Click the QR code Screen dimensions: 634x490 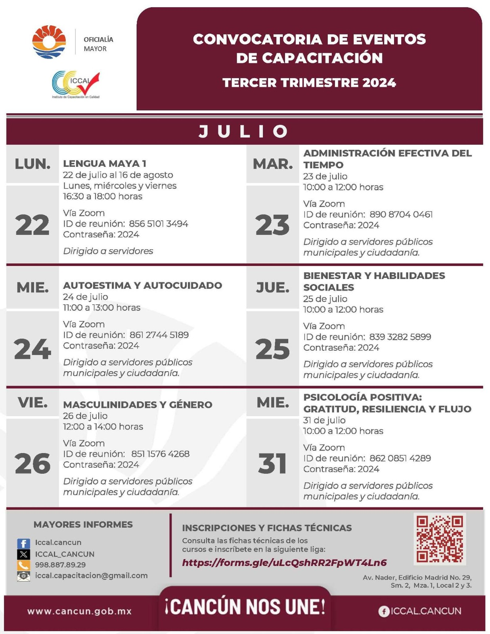pyautogui.click(x=439, y=539)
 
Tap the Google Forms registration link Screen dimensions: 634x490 pyautogui.click(x=284, y=563)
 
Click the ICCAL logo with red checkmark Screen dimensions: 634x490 pyautogui.click(x=76, y=84)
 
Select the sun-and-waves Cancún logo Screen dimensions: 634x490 pyautogui.click(x=49, y=42)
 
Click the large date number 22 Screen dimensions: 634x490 pyautogui.click(x=33, y=225)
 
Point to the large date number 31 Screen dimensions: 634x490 pyautogui.click(x=272, y=463)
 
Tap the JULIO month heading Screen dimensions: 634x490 pyautogui.click(x=244, y=132)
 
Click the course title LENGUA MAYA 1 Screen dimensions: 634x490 pyautogui.click(x=105, y=163)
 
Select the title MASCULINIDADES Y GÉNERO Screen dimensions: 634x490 pyautogui.click(x=138, y=405)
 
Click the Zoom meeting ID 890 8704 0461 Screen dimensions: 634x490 pyautogui.click(x=401, y=214)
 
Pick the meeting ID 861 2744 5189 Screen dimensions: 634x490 pyautogui.click(x=159, y=335)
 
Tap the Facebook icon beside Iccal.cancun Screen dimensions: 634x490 pyautogui.click(x=23, y=543)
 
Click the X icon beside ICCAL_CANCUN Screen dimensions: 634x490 pyautogui.click(x=23, y=554)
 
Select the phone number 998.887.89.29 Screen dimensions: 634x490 pyautogui.click(x=60, y=565)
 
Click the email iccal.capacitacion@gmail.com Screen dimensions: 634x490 pyautogui.click(x=91, y=575)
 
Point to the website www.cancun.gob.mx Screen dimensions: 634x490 pyautogui.click(x=79, y=611)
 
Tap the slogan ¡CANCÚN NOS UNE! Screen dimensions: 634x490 pyautogui.click(x=245, y=607)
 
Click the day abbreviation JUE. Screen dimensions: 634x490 pyautogui.click(x=272, y=288)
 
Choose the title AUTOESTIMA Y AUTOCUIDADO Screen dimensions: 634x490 pyautogui.click(x=142, y=285)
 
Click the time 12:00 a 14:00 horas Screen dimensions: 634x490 pyautogui.click(x=103, y=426)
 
